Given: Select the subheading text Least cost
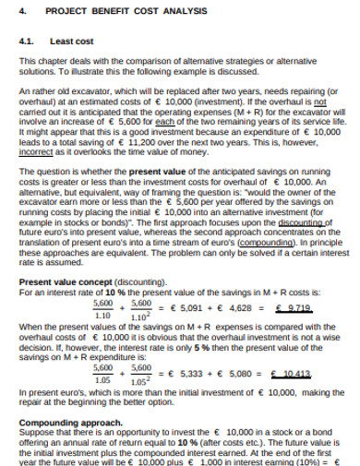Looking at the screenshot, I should click(x=67, y=42).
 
